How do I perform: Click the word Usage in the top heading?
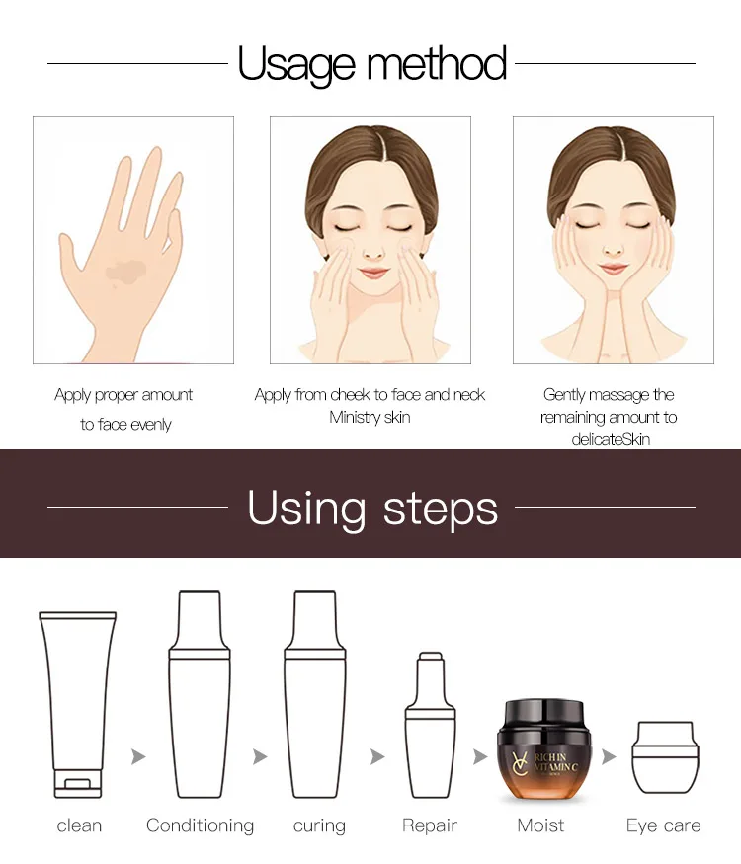coord(296,65)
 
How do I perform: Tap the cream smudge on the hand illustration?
coord(125,272)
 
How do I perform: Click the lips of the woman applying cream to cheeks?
coord(373,273)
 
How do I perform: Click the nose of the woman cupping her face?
coord(613,251)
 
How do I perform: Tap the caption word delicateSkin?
coord(611,439)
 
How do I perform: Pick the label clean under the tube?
coord(79,825)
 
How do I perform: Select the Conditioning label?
coord(201,825)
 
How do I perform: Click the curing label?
coord(319,825)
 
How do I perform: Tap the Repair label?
coord(430,825)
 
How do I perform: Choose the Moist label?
coord(540,825)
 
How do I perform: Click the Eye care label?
coord(663,825)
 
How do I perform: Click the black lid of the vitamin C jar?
coord(544,715)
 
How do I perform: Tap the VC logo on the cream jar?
coord(520,762)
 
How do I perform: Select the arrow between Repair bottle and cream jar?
coord(480,756)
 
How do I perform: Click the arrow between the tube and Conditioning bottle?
coord(138,756)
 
